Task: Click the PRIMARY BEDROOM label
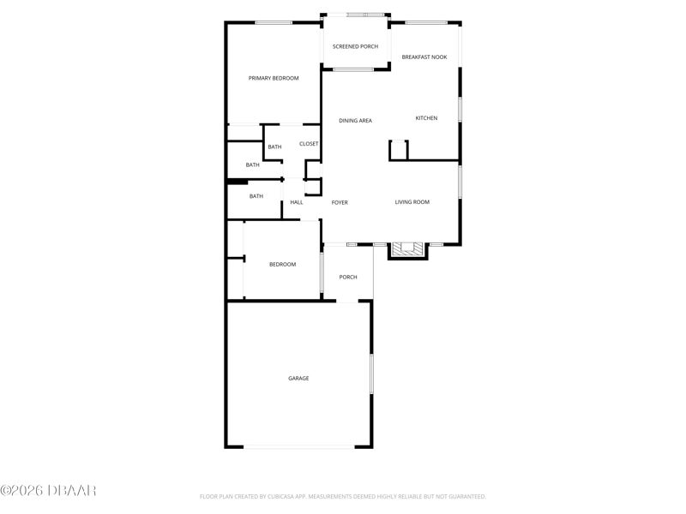pos(274,78)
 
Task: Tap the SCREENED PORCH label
pos(355,46)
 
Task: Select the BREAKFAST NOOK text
pos(424,57)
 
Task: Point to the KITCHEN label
pos(426,118)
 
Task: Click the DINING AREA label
pos(355,121)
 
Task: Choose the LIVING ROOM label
pos(412,202)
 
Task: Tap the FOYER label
pos(340,202)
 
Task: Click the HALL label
pos(297,202)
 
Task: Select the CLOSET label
pos(309,144)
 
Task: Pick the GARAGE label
pos(298,378)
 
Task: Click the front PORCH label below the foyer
pos(348,277)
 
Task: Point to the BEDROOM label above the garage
pos(283,265)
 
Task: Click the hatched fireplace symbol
pos(408,248)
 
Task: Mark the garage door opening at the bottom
pos(298,446)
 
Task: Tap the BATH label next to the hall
pos(256,196)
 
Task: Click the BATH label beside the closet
pos(274,146)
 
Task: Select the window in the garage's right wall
pos(371,374)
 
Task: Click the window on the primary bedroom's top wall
pos(274,23)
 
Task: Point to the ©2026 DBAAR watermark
pos(48,490)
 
